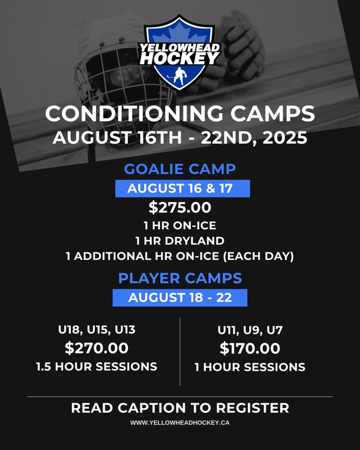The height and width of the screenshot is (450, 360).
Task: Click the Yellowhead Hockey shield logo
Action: point(180,53)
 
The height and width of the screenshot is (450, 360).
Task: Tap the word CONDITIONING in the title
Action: point(134,113)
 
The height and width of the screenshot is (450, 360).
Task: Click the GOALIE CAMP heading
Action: point(180,169)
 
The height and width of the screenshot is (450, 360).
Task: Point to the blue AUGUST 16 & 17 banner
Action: point(182,188)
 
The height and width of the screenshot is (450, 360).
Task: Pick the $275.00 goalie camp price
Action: point(180,208)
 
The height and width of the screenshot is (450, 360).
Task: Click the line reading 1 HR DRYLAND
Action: point(180,241)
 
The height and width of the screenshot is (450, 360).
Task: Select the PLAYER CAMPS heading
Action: point(180,278)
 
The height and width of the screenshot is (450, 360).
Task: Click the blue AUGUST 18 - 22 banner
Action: point(180,298)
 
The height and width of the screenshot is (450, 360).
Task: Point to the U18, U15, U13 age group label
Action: point(97,330)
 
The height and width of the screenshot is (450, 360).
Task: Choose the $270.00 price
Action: point(97,348)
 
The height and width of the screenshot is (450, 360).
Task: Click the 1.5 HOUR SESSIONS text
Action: point(97,367)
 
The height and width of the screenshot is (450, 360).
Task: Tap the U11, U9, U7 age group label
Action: point(250,330)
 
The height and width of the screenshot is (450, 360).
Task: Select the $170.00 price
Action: point(250,349)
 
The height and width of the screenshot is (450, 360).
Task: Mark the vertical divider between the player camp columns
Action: point(180,352)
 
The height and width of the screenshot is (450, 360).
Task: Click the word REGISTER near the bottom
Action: point(253,408)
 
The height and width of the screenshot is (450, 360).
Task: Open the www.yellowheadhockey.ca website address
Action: point(180,423)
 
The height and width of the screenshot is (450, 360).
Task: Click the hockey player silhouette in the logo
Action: point(180,76)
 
